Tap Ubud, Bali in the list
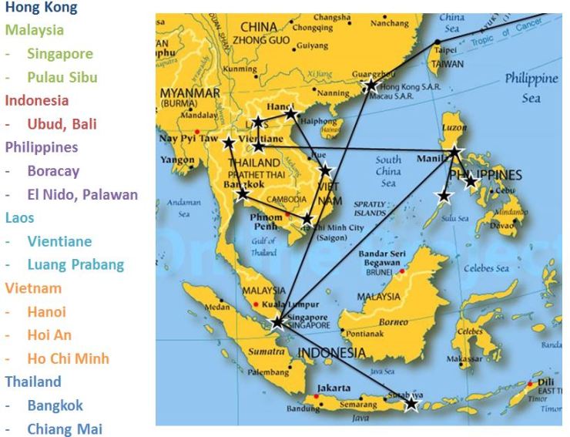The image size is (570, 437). tap(62, 123)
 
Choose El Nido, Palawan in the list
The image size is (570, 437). tap(82, 194)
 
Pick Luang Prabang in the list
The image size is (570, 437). tap(75, 264)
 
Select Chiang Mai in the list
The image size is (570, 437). tap(64, 429)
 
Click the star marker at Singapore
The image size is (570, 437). tap(277, 321)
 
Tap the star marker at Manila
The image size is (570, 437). tap(455, 152)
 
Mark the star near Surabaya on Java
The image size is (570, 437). tap(411, 403)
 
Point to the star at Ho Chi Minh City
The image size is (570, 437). tap(307, 219)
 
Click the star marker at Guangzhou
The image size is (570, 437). tap(371, 85)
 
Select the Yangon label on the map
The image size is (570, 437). tap(177, 160)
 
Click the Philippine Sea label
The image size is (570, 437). tap(531, 88)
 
